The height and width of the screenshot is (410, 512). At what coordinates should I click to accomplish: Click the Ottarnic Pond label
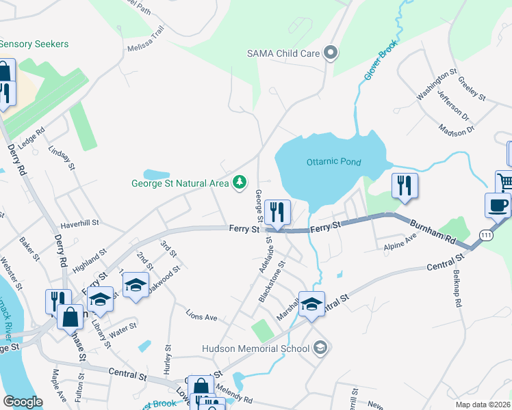333,163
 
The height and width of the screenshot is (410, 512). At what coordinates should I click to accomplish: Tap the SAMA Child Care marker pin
331,53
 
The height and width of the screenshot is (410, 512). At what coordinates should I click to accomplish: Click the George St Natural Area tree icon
240,182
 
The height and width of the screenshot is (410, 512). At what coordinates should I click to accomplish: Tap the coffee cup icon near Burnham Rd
498,204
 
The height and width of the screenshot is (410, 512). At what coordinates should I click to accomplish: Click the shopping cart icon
505,181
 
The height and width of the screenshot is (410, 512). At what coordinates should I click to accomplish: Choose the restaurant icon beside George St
277,211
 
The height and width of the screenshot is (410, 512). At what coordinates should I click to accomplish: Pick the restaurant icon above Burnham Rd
405,184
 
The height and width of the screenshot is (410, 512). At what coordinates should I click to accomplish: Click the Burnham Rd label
432,233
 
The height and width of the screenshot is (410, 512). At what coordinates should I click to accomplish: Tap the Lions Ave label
201,316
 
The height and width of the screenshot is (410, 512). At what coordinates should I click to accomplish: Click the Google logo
23,402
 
